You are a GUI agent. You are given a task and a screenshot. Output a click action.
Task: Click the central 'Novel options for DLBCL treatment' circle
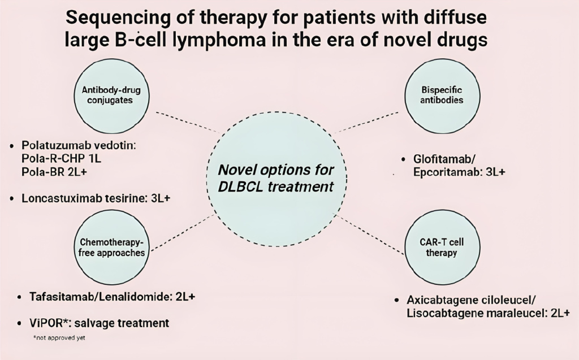275,178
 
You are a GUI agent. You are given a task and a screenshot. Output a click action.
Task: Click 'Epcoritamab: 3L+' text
456,172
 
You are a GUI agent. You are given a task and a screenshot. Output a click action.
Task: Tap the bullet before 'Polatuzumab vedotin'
12,146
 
